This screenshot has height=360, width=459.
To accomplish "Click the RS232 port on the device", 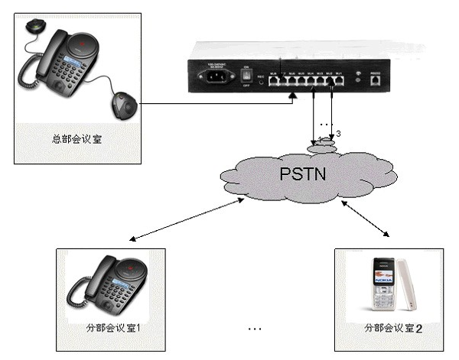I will pyautogui.click(x=375, y=77).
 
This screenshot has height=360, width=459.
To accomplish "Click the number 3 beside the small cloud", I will pyautogui.click(x=338, y=134).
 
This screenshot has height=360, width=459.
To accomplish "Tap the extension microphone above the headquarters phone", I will pyautogui.click(x=35, y=27).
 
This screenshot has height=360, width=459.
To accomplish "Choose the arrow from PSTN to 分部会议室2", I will pyautogui.click(x=367, y=217).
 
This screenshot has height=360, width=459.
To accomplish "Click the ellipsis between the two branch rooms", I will pyautogui.click(x=256, y=328).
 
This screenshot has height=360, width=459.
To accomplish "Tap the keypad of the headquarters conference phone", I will pyautogui.click(x=81, y=88).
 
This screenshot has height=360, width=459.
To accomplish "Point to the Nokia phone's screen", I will pyautogui.click(x=380, y=273).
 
